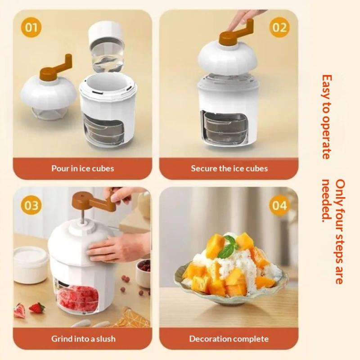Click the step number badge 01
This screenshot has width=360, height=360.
[x=31, y=27]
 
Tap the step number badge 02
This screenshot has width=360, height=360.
[x=279, y=27]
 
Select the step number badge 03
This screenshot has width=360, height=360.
[x=31, y=205]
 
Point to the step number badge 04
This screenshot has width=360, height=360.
[x=279, y=205]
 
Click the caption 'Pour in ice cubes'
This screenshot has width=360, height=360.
[x=83, y=168]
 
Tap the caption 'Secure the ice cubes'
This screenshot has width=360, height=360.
[x=229, y=168]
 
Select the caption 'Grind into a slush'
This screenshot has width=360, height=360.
[x=83, y=339]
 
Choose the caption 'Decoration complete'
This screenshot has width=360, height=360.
[x=229, y=339]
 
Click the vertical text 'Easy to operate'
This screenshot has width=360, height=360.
[x=327, y=117]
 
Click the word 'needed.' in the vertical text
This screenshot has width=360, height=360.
[x=327, y=200]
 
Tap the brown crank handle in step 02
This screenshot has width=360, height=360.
[x=237, y=32]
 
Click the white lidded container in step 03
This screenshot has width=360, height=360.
[x=31, y=265]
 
